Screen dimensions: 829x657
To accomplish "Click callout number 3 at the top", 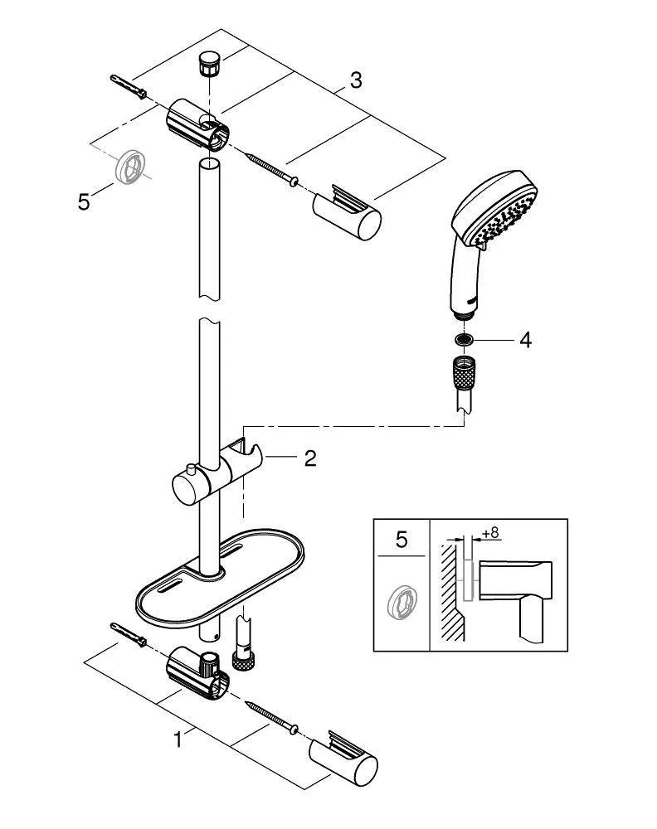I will click(x=355, y=80).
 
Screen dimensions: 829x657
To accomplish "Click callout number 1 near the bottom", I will click(x=177, y=739).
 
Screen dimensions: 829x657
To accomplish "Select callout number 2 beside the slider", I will click(x=309, y=458).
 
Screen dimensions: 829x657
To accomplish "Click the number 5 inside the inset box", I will click(x=401, y=541).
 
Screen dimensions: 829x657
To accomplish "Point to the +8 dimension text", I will click(x=490, y=533).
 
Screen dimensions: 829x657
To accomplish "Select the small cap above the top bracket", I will click(x=207, y=64).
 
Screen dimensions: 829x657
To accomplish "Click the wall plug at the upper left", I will click(x=129, y=85).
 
